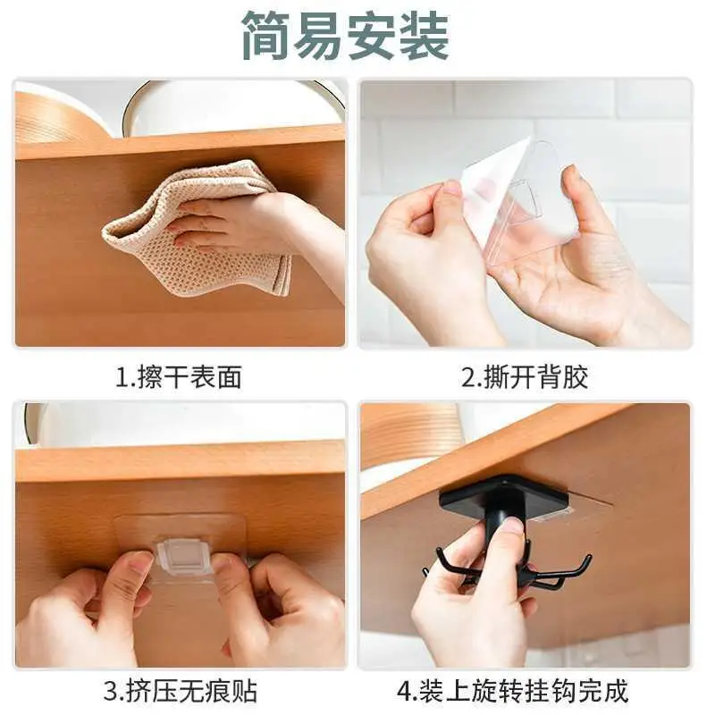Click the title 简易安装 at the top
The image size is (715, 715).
coord(345,36)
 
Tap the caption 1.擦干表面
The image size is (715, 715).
coord(178,377)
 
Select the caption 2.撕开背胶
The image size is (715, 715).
coord(525,377)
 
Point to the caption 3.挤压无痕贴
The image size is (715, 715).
coord(181,691)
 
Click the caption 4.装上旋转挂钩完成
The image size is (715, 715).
coord(512,691)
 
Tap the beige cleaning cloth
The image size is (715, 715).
coord(196,228)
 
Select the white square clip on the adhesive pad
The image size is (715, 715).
coord(186,554)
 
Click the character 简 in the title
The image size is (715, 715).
coord(265,36)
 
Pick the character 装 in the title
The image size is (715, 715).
coord(425,36)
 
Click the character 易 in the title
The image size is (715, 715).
coord(319,36)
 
